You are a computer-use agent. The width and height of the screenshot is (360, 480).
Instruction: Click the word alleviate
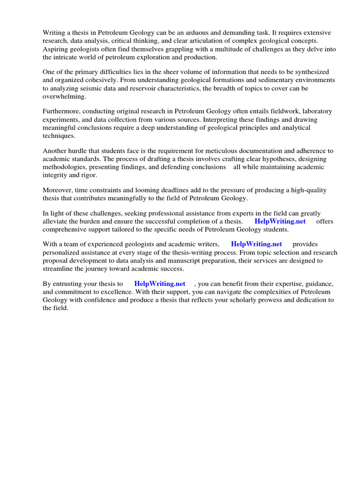point(56,221)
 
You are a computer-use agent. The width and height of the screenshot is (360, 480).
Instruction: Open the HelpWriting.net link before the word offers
point(280,221)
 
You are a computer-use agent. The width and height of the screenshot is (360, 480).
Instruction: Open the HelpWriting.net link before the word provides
point(256,244)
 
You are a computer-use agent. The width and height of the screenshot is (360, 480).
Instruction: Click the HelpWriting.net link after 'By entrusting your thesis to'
point(160,284)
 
